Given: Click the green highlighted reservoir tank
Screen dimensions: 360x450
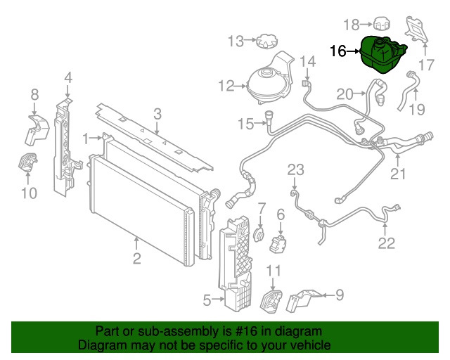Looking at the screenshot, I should [383, 54].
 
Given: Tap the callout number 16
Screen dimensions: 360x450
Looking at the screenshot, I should [338, 51].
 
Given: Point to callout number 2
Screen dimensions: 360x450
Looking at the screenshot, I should [136, 258].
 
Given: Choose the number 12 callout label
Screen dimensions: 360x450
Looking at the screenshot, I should [226, 86].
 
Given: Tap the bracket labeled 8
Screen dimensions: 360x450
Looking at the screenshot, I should [39, 124].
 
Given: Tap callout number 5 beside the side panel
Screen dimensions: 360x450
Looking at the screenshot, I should [208, 301].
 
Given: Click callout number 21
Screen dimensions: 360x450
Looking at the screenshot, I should [399, 174].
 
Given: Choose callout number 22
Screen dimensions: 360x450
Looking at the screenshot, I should [387, 243].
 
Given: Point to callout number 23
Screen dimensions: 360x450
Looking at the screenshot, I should [296, 169].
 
